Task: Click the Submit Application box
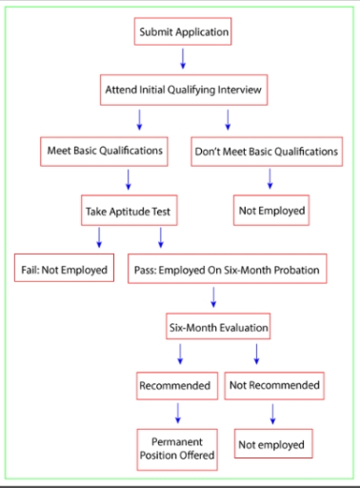pyautogui.click(x=184, y=32)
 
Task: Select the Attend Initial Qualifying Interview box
pyautogui.click(x=183, y=91)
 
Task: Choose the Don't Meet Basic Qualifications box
pyautogui.click(x=267, y=151)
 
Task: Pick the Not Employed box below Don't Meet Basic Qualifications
pyautogui.click(x=271, y=211)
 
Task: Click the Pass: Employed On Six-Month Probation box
pyautogui.click(x=225, y=270)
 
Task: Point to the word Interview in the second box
pyautogui.click(x=237, y=91)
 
